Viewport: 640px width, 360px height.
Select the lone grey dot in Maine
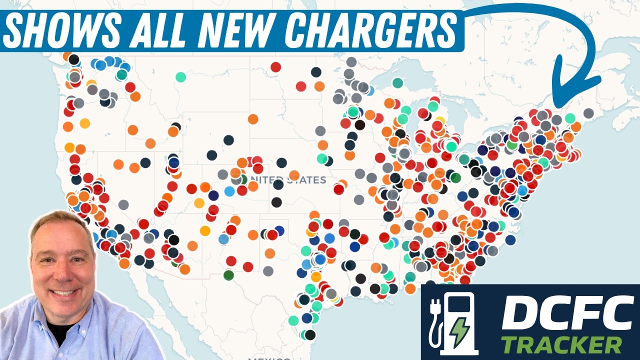coord(588,113)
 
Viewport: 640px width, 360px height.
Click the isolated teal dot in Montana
coord(180,77)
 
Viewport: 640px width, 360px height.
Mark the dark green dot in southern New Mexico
coord(228,275)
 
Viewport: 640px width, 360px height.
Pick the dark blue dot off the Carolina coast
coord(510,240)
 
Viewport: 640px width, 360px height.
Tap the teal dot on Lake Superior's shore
coord(397,82)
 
